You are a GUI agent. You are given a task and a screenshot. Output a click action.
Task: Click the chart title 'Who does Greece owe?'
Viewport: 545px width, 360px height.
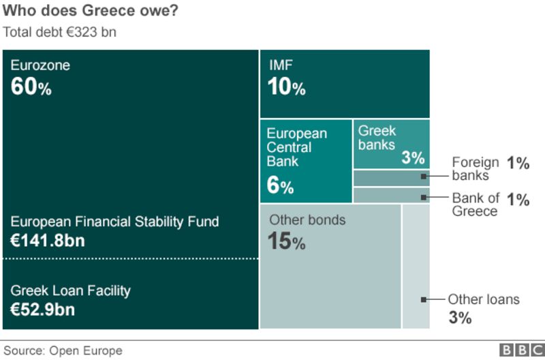[91, 11]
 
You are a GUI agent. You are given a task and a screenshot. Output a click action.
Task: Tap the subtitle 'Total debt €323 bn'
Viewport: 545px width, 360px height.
[59, 32]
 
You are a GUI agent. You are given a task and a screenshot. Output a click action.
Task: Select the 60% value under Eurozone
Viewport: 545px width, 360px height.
[31, 87]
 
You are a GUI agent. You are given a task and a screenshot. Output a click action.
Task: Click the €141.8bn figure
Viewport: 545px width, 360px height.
[48, 241]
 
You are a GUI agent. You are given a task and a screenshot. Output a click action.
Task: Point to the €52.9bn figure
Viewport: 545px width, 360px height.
[43, 310]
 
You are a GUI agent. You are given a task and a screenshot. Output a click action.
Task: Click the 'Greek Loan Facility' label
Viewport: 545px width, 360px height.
[70, 290]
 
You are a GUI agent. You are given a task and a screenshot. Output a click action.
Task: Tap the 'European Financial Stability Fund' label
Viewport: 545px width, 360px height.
[114, 222]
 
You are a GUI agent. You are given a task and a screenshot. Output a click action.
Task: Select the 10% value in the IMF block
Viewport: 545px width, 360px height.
[287, 87]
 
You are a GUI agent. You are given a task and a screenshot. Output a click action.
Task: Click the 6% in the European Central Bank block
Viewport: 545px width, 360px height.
[280, 185]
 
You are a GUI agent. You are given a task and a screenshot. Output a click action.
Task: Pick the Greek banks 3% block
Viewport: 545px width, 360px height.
[391, 144]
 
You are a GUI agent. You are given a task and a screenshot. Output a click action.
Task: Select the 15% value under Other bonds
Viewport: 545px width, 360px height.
[287, 242]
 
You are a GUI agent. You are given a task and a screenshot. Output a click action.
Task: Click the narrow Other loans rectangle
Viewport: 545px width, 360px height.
[416, 266]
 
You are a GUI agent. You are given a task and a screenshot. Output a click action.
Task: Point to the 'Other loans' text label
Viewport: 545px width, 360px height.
[484, 299]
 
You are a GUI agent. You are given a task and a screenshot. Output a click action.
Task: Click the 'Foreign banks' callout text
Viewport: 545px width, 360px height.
[476, 168]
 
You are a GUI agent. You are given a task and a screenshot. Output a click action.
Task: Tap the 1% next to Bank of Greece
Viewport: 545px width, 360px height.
[518, 200]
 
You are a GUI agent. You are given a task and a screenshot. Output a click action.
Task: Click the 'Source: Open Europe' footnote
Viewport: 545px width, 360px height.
[63, 350]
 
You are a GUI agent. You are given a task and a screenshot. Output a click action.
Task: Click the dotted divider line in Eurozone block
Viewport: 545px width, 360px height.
[129, 258]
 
